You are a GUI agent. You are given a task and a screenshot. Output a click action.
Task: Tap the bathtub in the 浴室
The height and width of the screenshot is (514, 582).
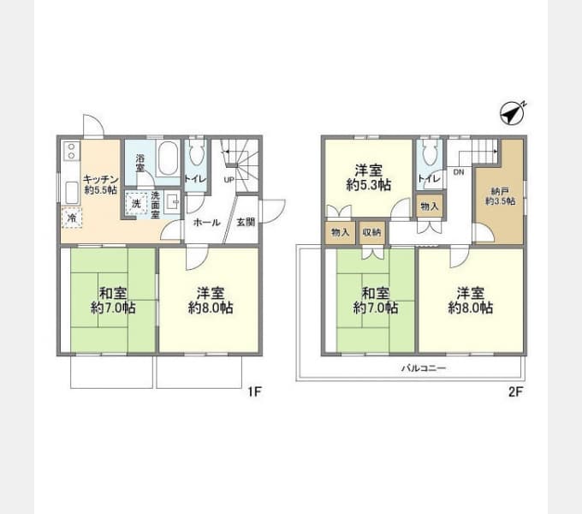(167, 159)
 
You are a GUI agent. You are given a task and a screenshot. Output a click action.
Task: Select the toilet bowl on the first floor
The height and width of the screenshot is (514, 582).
(196, 154)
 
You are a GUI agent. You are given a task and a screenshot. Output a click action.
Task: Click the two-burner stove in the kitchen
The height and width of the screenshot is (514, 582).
(68, 154)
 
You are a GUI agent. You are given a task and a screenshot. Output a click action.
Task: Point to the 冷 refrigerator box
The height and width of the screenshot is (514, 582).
(73, 218)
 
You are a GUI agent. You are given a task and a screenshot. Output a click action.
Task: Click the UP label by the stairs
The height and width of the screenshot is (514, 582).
(229, 180)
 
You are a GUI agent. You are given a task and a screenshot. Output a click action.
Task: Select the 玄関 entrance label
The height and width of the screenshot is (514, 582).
(245, 221)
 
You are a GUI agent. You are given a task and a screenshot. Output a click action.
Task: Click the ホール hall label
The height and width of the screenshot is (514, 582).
(205, 221)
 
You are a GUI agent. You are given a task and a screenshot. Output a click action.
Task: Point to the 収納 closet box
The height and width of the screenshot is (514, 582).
(371, 231)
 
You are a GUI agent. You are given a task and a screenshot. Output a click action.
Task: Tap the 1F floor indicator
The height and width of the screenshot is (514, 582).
(254, 392)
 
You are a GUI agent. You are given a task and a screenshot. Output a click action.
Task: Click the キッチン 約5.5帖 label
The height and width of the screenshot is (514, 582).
(100, 184)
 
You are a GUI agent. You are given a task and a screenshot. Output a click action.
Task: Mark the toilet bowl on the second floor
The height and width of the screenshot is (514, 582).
(427, 155)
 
